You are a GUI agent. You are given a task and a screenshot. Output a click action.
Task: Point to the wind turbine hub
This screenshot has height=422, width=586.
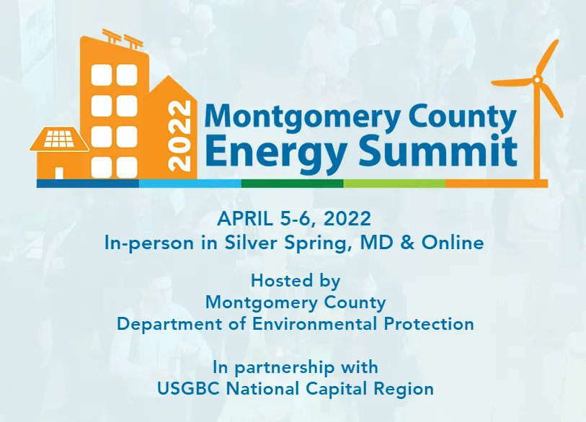538,79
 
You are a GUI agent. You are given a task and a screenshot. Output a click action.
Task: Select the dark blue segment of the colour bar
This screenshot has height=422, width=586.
87,184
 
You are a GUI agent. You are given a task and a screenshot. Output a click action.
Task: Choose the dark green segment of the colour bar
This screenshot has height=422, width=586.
292,184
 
